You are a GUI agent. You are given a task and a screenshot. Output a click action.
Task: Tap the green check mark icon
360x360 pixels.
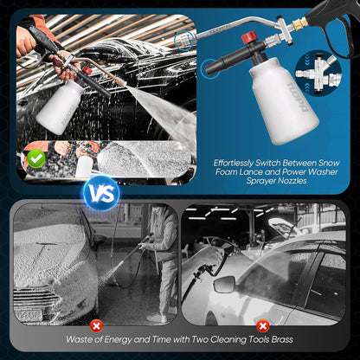(35, 158)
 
